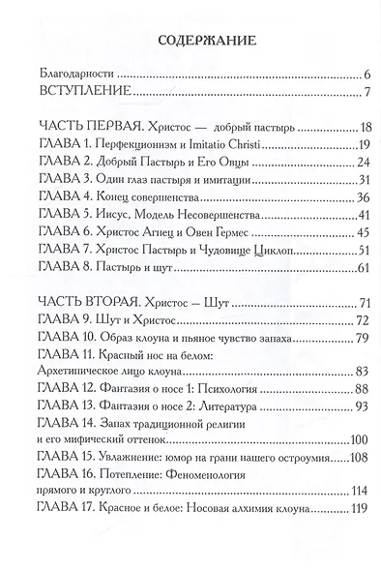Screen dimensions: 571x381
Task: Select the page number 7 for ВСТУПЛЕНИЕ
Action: (x=356, y=93)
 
